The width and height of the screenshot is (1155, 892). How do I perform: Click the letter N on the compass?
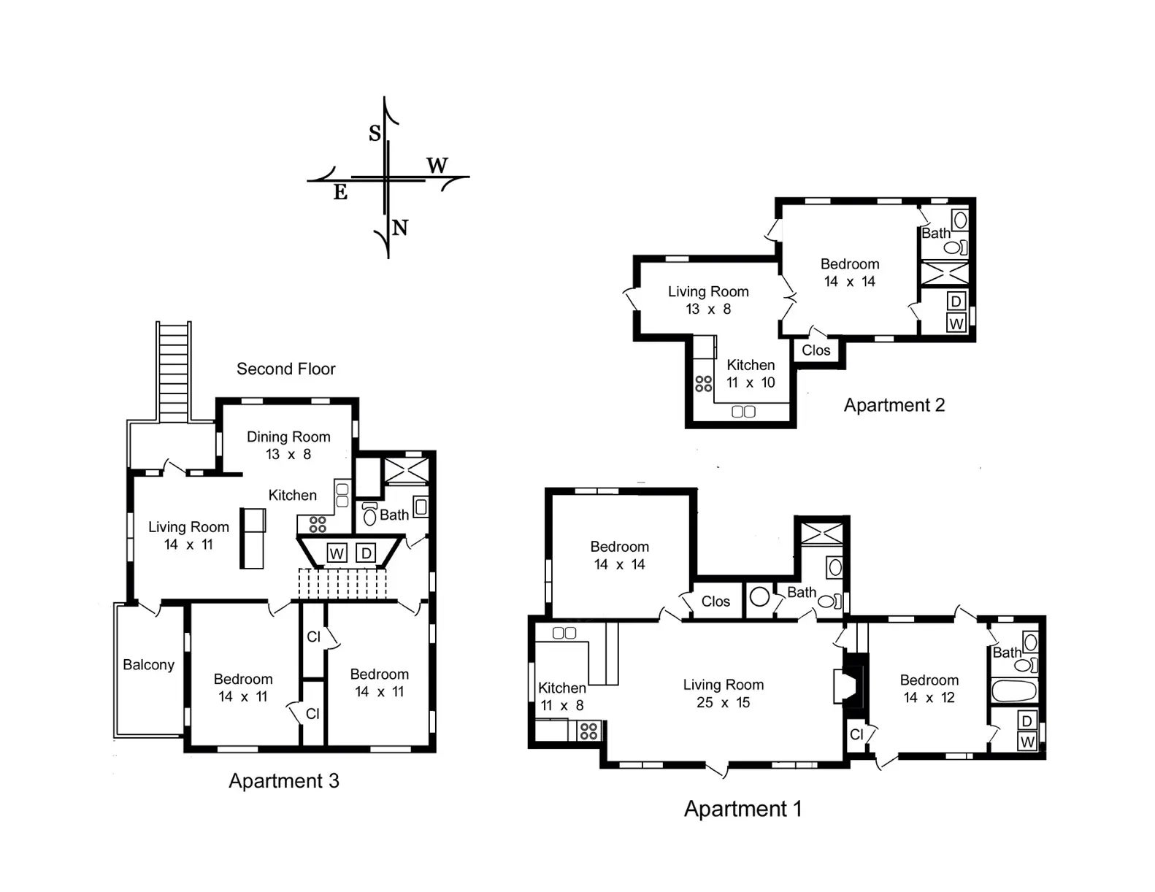399,228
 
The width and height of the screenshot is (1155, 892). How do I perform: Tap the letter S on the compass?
375,133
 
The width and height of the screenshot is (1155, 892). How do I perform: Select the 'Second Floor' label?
286,369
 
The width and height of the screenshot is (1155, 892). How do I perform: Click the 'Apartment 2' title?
894,405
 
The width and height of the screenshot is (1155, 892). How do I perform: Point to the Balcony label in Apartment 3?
148,664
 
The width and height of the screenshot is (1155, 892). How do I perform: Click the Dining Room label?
288,437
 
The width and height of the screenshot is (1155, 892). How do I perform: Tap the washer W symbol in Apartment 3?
337,553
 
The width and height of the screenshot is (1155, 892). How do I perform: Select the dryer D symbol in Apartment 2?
956,301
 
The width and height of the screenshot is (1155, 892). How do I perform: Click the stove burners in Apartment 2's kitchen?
703,383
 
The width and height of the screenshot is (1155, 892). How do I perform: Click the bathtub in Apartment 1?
1014,691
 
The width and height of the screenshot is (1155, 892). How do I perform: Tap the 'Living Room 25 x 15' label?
724,693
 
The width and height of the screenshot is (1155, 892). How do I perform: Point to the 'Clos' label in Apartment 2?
816,350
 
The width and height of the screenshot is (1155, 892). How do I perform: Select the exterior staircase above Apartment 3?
174,372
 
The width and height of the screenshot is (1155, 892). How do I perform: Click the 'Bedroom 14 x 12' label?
929,688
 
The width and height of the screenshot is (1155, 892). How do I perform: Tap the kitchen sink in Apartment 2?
743,411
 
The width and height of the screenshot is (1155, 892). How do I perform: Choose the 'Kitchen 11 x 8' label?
562,696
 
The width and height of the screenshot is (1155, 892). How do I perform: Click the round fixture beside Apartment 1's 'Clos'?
759,596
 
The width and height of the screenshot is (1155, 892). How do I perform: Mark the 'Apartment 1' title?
742,809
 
